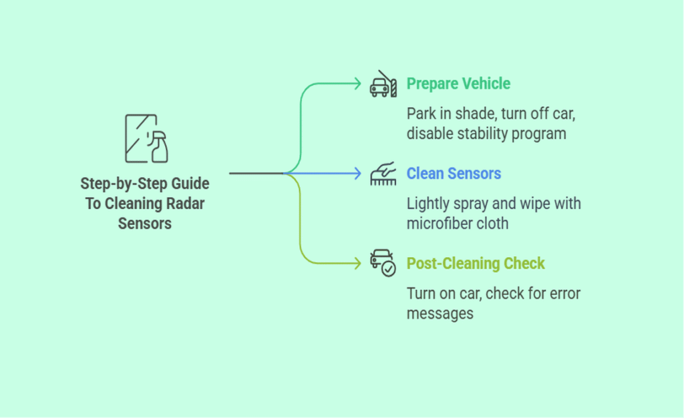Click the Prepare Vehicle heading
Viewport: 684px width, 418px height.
(x=458, y=84)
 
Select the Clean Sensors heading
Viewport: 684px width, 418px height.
(x=454, y=174)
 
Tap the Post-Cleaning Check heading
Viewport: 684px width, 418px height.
(x=476, y=264)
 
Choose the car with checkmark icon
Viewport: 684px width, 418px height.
(x=383, y=262)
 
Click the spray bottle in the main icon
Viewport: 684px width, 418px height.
(x=159, y=147)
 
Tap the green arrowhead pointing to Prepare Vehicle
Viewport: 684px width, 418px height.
(x=357, y=84)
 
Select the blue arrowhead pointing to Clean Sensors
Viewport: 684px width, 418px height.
(x=357, y=174)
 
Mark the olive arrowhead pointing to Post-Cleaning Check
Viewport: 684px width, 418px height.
(x=357, y=263)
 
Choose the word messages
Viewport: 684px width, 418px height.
(x=440, y=312)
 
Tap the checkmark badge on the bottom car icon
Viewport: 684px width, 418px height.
(x=388, y=268)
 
